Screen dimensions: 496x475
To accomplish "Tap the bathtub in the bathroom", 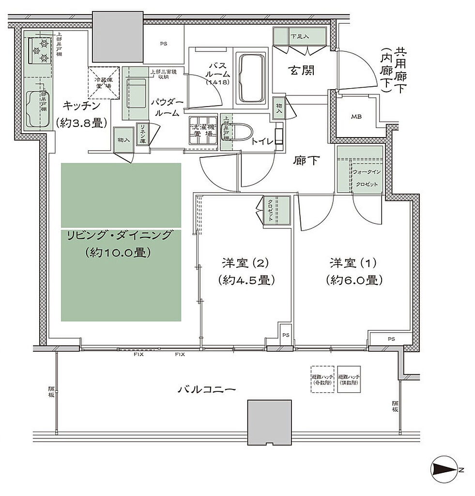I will click(x=251, y=78).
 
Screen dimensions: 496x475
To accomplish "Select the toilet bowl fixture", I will click(x=241, y=131).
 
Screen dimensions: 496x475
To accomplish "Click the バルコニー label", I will click(x=207, y=389).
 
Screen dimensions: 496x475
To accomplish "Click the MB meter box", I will click(x=357, y=117).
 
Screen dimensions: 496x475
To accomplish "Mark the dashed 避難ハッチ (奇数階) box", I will click(x=322, y=379).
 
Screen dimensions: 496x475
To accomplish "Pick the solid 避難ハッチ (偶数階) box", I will click(x=349, y=379).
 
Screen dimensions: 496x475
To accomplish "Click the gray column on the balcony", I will click(x=269, y=422).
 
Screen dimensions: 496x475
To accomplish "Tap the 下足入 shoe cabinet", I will click(x=299, y=37).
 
